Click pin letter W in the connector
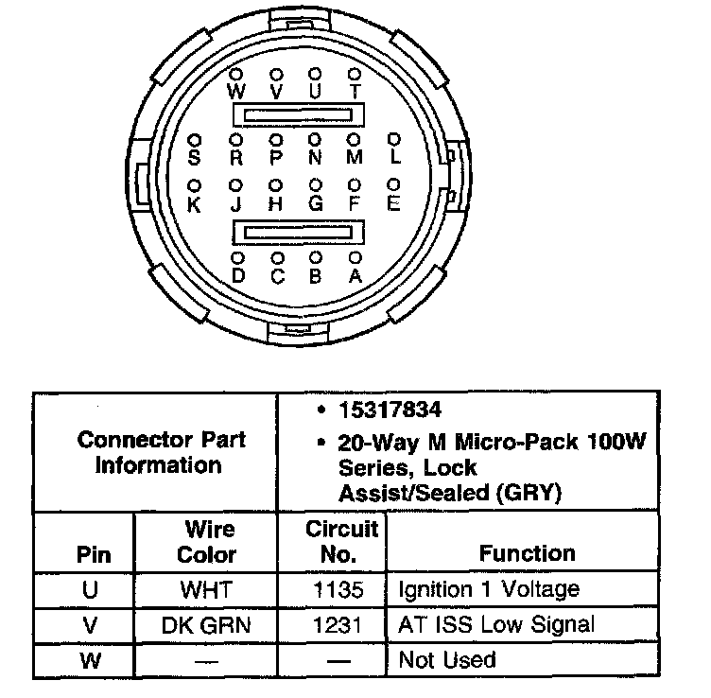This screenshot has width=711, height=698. [x=236, y=92]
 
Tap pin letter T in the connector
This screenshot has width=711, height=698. [x=355, y=92]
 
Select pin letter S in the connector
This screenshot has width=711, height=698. [x=195, y=157]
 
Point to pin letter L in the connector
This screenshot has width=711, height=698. [x=395, y=157]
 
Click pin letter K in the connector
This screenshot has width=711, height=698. [x=195, y=202]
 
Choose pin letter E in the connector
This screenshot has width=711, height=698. [x=395, y=202]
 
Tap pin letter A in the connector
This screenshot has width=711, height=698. [x=355, y=275]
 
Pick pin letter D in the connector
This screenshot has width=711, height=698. [x=237, y=275]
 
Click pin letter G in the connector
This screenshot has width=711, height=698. [x=316, y=202]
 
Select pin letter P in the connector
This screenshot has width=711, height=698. [x=276, y=157]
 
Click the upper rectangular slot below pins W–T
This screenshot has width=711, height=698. [x=297, y=115]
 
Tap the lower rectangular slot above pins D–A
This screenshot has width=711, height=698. [x=297, y=232]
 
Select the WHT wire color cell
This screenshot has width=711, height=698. [x=206, y=590]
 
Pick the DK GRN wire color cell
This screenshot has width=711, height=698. [x=206, y=624]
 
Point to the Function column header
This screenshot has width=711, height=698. [x=527, y=553]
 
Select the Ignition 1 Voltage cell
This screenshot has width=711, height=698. [x=489, y=590]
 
